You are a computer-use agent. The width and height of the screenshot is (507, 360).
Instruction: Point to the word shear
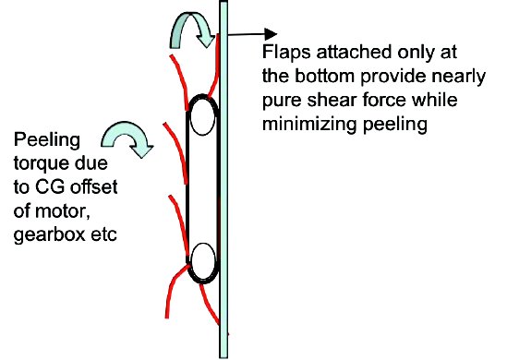[x=316, y=97]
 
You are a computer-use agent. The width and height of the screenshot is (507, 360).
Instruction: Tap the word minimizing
[x=311, y=121]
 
